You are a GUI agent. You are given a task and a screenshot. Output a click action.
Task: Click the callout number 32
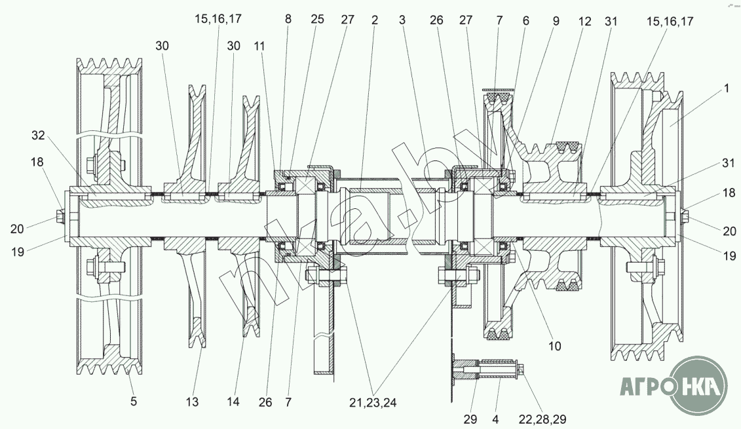pos(38,136)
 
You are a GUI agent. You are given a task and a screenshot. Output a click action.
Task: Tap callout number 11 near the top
pos(259,47)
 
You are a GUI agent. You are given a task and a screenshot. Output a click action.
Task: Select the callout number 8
pos(288,20)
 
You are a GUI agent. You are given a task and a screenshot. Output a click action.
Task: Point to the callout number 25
pos(318,20)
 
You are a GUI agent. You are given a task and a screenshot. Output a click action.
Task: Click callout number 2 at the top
pos(375,20)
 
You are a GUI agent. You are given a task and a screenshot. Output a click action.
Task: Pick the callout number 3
pos(402,20)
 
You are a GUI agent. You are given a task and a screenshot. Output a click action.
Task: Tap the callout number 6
pos(526,21)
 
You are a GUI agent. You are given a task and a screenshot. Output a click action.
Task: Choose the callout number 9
pos(556,21)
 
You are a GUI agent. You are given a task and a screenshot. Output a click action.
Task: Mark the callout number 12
pos(584,21)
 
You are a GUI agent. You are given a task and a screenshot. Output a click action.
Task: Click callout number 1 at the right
pos(727,88)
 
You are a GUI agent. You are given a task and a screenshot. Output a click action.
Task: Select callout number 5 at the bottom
pos(134,401)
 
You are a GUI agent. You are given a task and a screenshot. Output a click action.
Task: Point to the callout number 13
pos(192,402)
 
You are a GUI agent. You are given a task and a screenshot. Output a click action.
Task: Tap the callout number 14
pos(233,401)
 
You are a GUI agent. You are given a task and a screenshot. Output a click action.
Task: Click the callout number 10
pos(554,346)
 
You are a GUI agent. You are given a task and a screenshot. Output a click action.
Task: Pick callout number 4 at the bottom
pos(496,419)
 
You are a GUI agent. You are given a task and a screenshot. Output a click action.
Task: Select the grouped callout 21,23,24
pos(373,403)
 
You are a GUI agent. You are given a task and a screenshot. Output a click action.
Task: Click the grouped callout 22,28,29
pos(542,419)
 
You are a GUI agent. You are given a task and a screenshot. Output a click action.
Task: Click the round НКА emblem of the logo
pos(699,386)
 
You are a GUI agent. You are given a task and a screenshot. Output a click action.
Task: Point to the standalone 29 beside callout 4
pos(470,419)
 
